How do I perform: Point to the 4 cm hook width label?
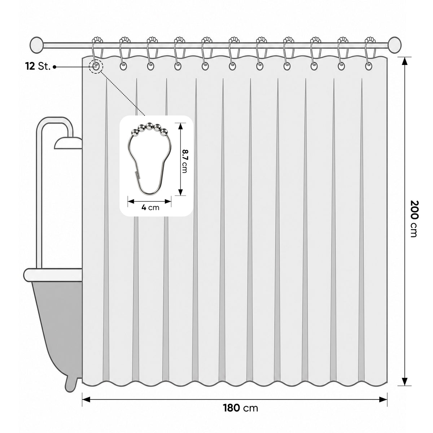click(150, 207)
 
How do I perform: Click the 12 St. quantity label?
click(38, 67)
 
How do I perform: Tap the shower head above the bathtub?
click(68, 143)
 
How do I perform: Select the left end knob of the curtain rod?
click(36, 45)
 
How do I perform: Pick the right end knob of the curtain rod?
click(395, 45)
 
